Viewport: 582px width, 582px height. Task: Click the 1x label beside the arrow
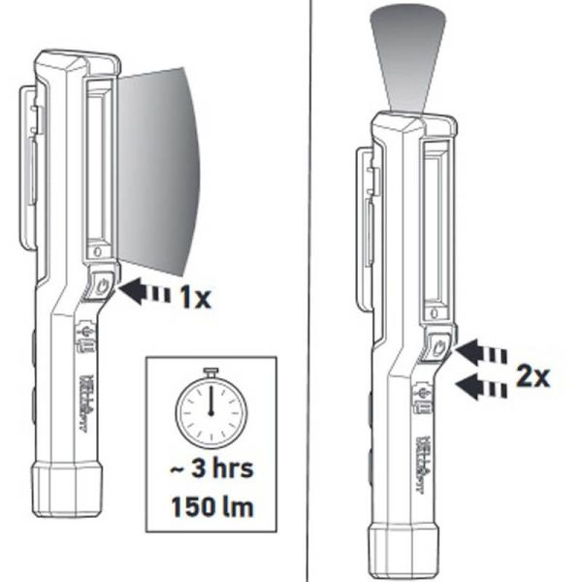pos(194,298)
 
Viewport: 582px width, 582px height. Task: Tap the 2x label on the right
pos(532,375)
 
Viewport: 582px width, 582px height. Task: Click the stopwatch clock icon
pos(210,407)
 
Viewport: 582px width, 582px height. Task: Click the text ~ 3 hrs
pos(210,471)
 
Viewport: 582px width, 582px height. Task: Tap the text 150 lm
pos(210,506)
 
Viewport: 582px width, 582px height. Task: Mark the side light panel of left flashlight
pos(98,165)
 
